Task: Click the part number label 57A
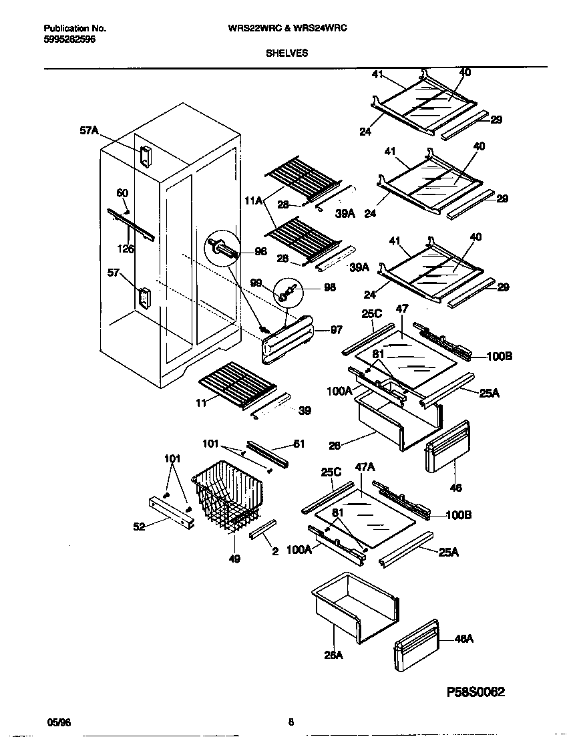click(x=89, y=132)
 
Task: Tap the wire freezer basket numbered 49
click(x=224, y=498)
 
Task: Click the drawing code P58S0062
click(x=479, y=693)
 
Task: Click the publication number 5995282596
click(x=69, y=40)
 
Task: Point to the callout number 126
click(x=126, y=249)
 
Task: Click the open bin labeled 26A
click(x=354, y=605)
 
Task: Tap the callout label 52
click(x=139, y=527)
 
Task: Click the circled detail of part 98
click(x=288, y=293)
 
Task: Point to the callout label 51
click(x=299, y=443)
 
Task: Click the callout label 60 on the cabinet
click(x=122, y=193)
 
